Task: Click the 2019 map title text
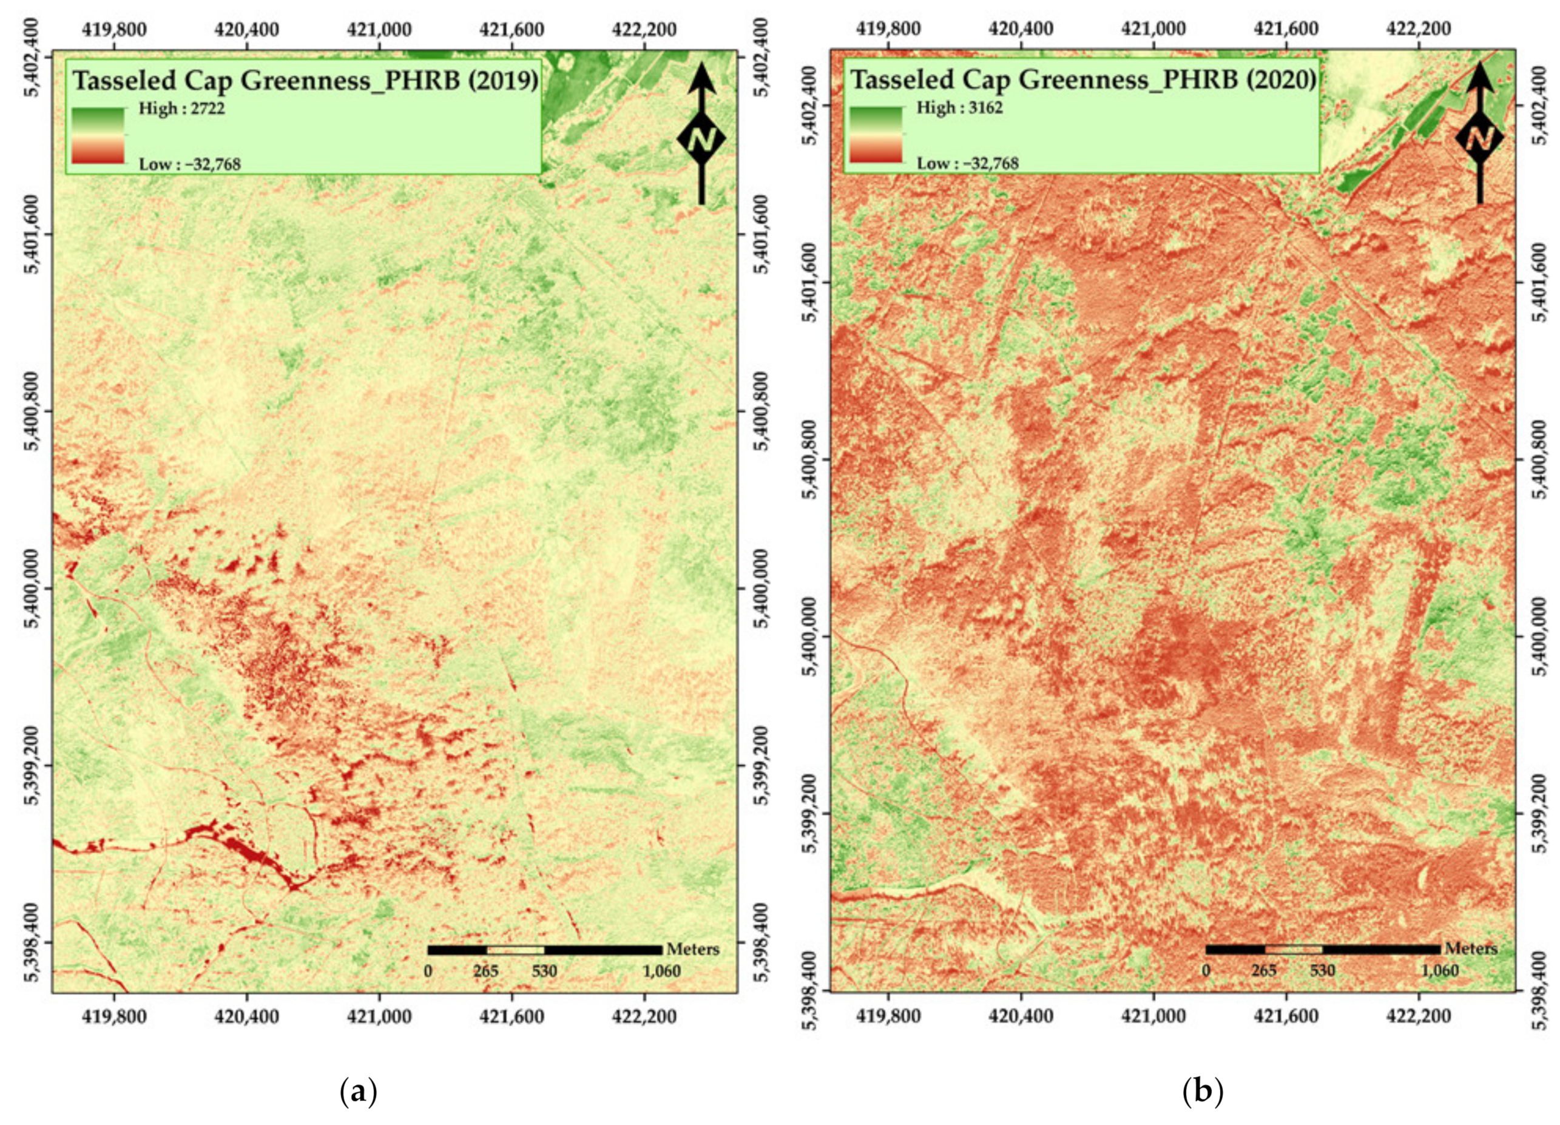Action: pos(305,81)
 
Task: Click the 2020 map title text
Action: pos(1083,79)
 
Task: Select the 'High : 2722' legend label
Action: pos(181,109)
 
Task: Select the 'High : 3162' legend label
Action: pos(959,107)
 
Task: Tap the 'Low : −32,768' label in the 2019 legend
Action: pos(190,164)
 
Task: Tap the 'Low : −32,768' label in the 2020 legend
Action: pos(967,164)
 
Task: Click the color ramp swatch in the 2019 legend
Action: pos(98,135)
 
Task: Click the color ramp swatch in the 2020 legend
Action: pos(876,134)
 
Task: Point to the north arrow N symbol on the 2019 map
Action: pos(701,140)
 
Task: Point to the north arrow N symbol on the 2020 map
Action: pos(1479,140)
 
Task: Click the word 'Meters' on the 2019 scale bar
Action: pos(693,949)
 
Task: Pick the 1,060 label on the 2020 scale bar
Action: pos(1440,970)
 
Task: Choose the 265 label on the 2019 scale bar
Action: pos(486,970)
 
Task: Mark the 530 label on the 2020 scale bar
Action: pos(1322,970)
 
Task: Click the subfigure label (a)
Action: pos(359,1091)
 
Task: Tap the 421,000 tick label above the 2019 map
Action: pos(379,30)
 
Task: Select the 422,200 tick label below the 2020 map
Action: pos(1418,1015)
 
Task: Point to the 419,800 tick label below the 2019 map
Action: pos(114,1015)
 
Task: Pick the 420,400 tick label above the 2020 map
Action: pos(1021,30)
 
